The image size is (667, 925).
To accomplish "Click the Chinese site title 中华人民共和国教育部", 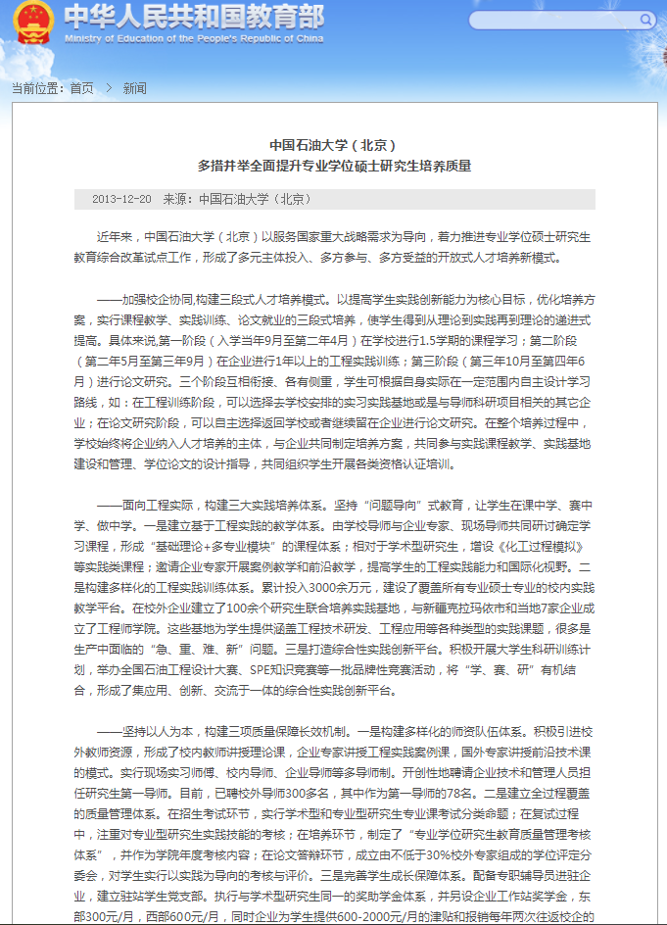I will pyautogui.click(x=193, y=17).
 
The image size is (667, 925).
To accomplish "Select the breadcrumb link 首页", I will pyautogui.click(x=82, y=88).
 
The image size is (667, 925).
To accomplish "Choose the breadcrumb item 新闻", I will pyautogui.click(x=134, y=88).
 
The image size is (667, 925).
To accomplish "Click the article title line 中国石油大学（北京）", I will pyautogui.click(x=333, y=145).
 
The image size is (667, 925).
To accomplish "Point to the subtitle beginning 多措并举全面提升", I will pyautogui.click(x=333, y=166).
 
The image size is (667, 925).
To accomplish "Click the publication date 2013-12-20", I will pyautogui.click(x=121, y=199).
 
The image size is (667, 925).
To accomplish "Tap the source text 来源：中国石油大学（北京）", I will pyautogui.click(x=237, y=199).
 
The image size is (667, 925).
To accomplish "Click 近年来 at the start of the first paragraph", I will pyautogui.click(x=114, y=236).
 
